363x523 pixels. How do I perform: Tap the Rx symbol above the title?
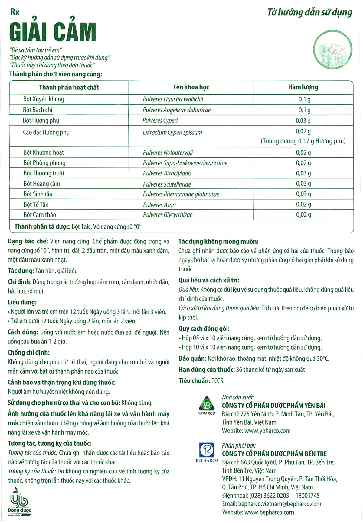[x=15, y=12]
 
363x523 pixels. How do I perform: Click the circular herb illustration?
[x=333, y=50]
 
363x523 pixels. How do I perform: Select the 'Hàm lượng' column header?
[x=303, y=87]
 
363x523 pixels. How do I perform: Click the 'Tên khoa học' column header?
[x=191, y=87]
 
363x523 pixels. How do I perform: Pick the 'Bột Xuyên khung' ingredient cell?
[x=44, y=99]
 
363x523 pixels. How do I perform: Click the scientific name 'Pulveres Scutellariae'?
[x=167, y=184]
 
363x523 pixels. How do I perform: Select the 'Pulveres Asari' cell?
[x=159, y=205]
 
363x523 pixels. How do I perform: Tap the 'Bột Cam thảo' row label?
[x=40, y=215]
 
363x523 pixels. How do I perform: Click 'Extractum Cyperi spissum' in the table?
[x=172, y=133]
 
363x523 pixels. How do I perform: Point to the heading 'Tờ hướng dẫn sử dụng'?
[x=310, y=12]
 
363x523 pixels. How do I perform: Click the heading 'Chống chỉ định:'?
[x=29, y=352]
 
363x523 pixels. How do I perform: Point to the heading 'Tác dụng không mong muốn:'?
[x=218, y=242]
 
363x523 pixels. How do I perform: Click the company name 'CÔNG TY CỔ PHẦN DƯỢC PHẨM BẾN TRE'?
[x=274, y=454]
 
